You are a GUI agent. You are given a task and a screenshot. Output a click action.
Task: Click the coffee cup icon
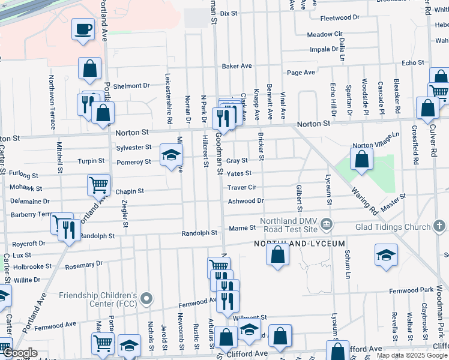pos(83,29)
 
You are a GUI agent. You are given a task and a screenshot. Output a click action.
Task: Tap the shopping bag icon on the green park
pos(361,160)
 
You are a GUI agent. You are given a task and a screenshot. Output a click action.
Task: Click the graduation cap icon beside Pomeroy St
pos(172,155)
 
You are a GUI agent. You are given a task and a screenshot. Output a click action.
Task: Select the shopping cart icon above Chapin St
pos(98,185)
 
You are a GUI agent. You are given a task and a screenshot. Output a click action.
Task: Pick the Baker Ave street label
pos(237,66)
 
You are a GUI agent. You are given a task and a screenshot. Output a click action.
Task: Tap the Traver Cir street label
pos(242,188)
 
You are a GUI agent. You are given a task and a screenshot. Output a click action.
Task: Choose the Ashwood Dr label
pos(246,201)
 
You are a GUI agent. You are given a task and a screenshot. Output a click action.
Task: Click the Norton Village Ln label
pos(376,140)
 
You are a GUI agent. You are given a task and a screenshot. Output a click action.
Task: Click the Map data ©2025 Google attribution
pos(412,355)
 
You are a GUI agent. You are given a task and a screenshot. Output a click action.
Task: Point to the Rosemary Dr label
pos(80,265)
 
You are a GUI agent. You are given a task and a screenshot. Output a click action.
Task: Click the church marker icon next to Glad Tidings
pos(439,226)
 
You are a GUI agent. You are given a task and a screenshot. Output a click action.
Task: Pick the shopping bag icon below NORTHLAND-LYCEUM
pos(277,254)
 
